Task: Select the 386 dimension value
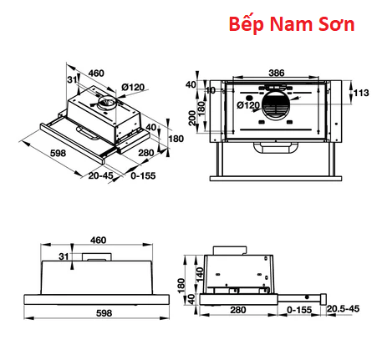point(277,73)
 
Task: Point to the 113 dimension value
point(361,93)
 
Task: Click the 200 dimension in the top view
point(192,118)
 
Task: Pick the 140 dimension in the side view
point(200,275)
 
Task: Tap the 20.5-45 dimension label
point(343,308)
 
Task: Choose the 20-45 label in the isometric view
point(101,175)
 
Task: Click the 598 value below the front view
point(104,313)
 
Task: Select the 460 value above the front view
point(98,240)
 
